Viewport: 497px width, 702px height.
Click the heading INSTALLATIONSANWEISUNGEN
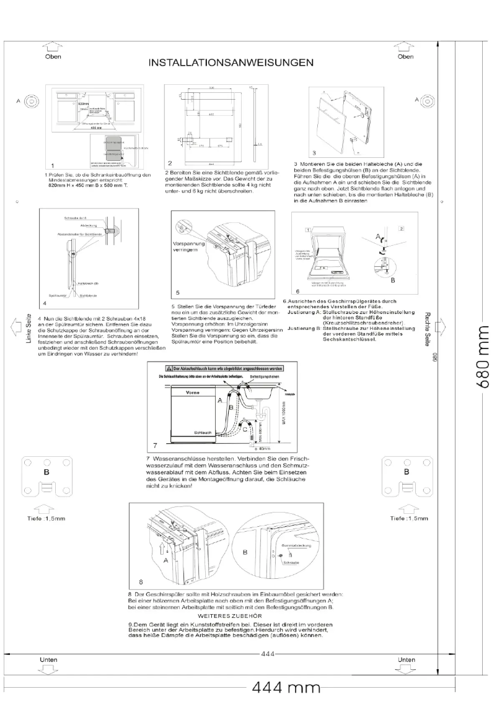[229, 63]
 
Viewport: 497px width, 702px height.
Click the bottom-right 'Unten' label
[406, 660]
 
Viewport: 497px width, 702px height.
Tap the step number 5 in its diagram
[178, 292]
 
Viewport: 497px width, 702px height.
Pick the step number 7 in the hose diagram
[155, 445]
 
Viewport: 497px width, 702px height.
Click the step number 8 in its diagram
[141, 583]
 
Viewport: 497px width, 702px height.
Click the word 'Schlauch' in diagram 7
[203, 433]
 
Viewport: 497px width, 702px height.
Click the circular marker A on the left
[33, 101]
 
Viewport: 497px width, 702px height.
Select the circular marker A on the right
[427, 101]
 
